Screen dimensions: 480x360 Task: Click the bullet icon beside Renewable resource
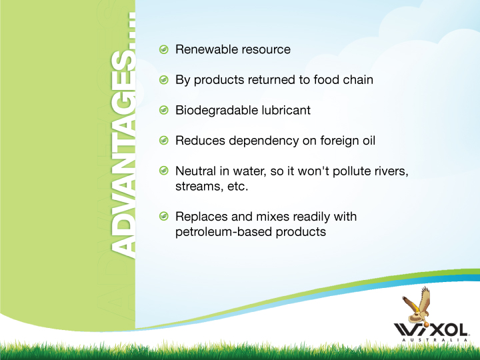(x=164, y=49)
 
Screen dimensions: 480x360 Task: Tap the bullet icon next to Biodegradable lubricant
(x=164, y=110)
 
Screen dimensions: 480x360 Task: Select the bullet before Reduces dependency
(x=164, y=141)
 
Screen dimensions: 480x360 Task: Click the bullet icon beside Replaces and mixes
(x=164, y=216)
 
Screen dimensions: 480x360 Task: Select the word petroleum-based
(x=223, y=232)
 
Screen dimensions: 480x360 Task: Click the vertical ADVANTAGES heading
(x=123, y=135)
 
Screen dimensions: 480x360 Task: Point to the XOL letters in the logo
(x=450, y=330)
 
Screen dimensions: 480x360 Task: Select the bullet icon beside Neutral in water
(x=164, y=171)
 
